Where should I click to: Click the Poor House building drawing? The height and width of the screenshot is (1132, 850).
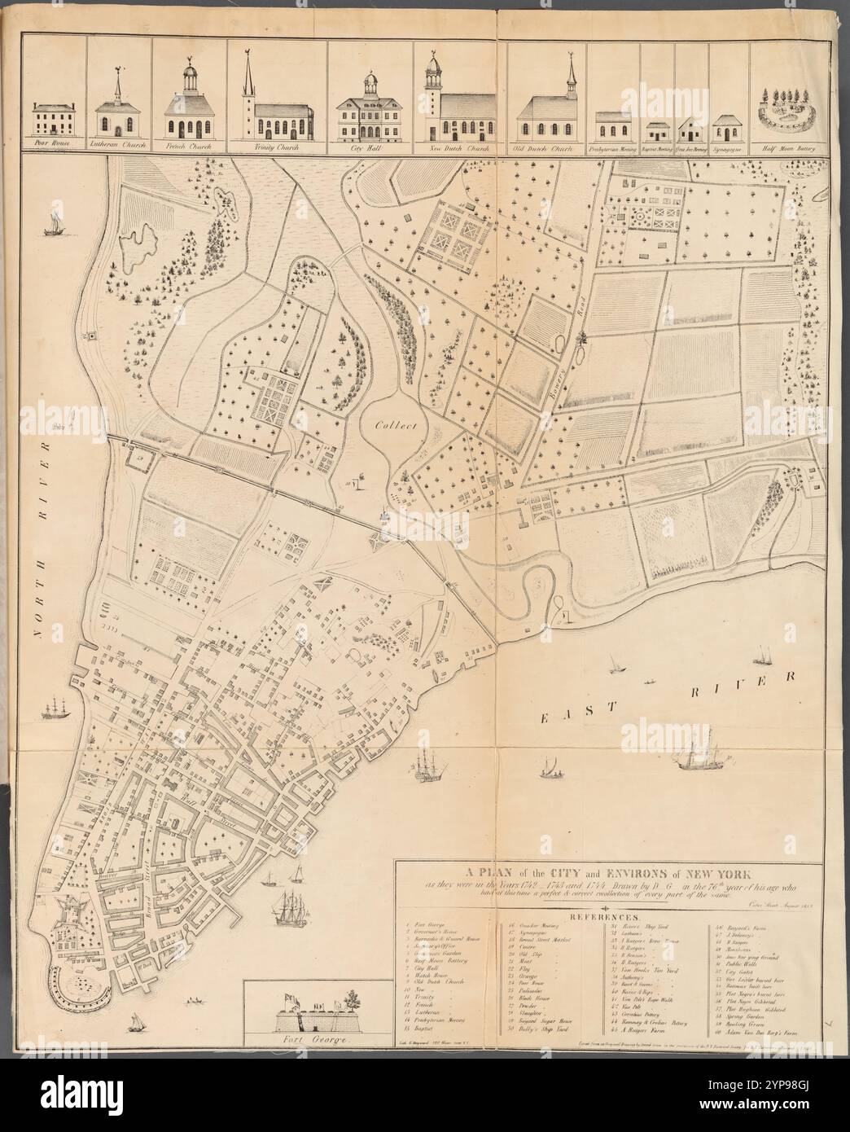[55, 119]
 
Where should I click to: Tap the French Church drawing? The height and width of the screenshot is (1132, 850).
[189, 114]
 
